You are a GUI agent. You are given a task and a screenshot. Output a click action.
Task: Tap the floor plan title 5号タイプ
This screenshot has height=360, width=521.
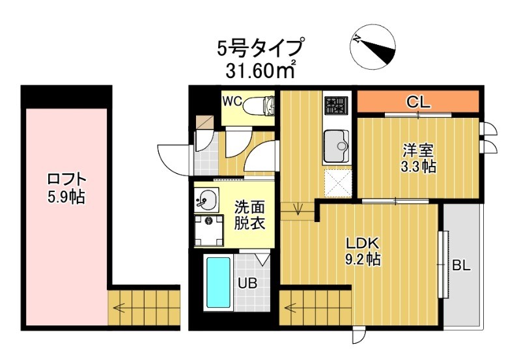point(260,48)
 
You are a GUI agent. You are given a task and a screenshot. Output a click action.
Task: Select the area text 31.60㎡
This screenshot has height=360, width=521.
point(260,70)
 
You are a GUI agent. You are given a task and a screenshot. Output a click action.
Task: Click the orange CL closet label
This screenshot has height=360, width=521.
point(417,102)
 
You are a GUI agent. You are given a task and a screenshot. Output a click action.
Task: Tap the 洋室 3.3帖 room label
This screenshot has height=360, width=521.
point(418,158)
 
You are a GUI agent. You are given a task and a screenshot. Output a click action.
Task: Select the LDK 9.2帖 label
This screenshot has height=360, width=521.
point(363,251)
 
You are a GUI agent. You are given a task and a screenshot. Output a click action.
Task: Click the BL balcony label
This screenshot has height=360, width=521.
point(461,266)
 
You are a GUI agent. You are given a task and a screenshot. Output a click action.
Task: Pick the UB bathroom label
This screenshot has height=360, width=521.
point(246,283)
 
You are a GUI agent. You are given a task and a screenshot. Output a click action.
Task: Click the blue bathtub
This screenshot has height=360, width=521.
point(217,283)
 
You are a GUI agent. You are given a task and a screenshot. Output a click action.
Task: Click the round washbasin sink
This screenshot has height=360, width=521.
point(208,198)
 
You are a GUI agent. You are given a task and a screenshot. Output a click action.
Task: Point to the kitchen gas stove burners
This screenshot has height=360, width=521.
point(336,105)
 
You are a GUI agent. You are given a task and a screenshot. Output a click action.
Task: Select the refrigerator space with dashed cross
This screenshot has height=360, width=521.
point(337,182)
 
